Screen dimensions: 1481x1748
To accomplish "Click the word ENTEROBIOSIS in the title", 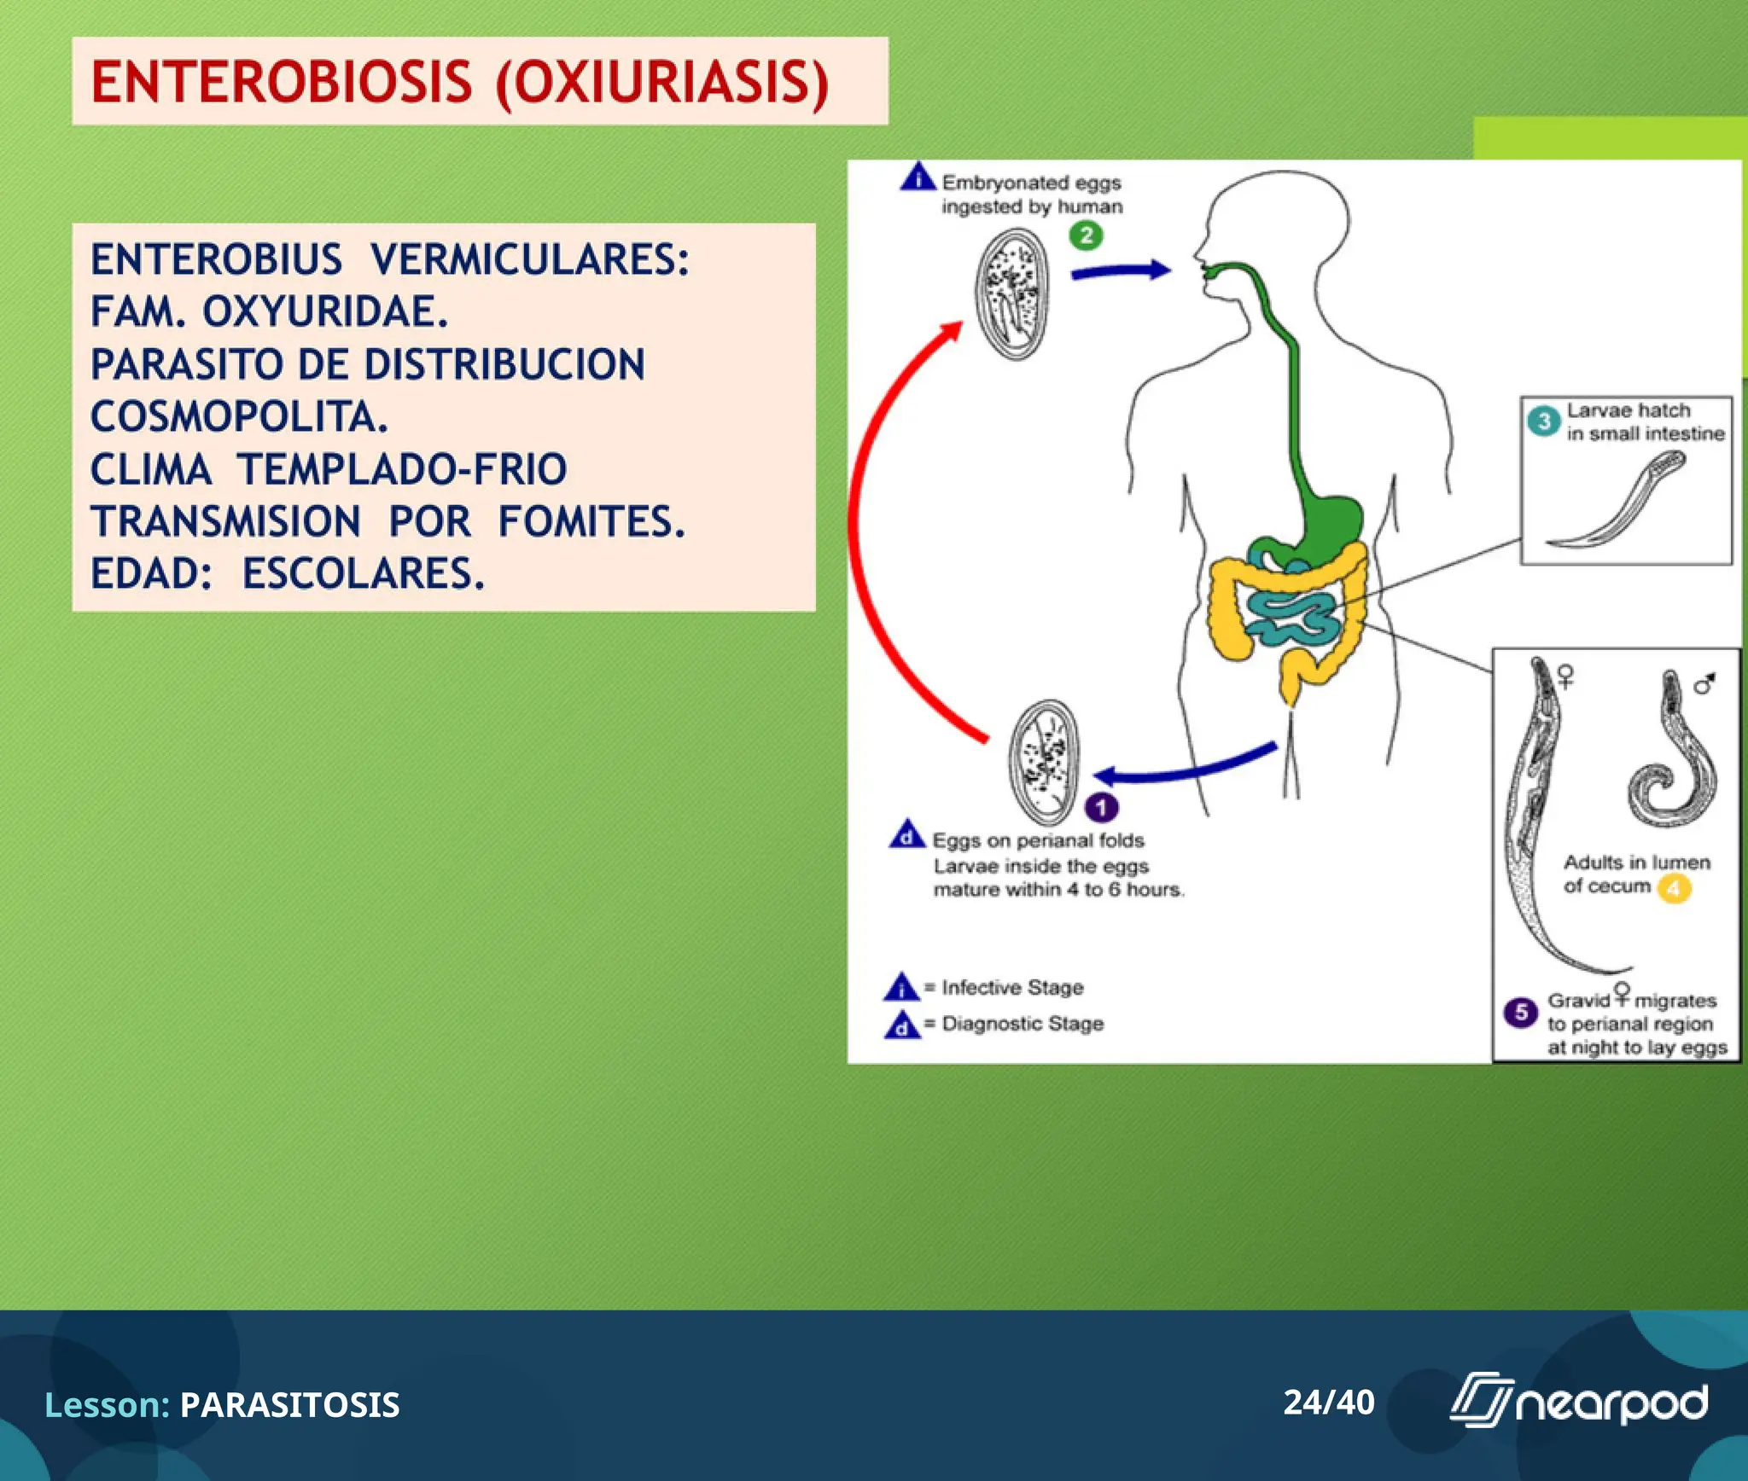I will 282,83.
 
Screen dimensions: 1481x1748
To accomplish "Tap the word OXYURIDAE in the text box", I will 324,312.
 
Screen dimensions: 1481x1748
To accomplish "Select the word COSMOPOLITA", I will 239,418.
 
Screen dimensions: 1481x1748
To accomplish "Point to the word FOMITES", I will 591,522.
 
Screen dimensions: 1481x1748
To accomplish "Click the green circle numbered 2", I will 1086,236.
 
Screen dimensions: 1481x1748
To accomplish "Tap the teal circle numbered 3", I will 1543,421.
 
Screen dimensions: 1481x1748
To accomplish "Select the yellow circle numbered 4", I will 1674,889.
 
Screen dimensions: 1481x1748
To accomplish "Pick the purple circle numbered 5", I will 1520,1013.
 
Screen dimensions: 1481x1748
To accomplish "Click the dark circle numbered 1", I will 1101,807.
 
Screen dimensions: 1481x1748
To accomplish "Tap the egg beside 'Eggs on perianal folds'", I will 1043,761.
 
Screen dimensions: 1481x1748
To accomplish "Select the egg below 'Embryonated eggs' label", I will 1012,294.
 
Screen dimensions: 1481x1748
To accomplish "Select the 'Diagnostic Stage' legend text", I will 1022,1024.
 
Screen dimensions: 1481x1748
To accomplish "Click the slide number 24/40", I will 1328,1403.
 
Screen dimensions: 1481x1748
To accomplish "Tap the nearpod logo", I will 1579,1402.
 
